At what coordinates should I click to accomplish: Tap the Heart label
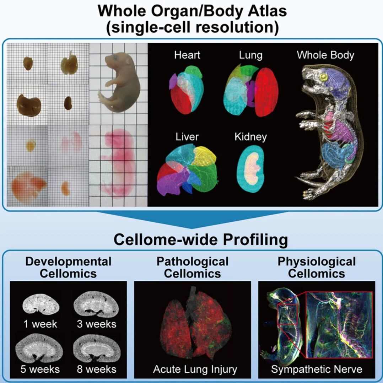(187, 55)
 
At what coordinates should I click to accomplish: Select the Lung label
(251, 55)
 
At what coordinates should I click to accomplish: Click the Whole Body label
(325, 55)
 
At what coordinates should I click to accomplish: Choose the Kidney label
(250, 136)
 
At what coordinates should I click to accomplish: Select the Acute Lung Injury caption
(195, 369)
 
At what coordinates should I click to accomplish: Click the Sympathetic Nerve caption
(317, 369)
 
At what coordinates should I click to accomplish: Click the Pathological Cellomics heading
(192, 268)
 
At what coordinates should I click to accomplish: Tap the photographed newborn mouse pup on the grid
(119, 83)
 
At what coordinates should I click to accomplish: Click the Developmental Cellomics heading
(68, 268)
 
